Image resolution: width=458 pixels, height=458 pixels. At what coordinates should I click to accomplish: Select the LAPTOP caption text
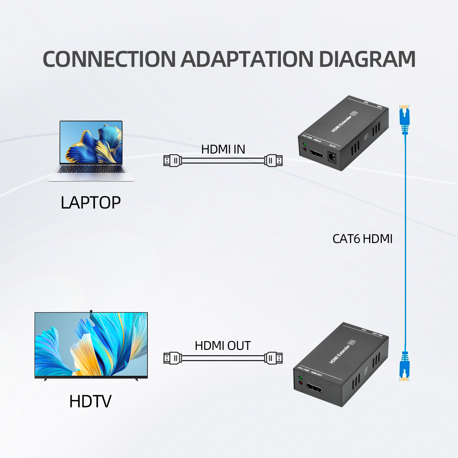click(91, 203)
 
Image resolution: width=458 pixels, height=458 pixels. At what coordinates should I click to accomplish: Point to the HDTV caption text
click(90, 401)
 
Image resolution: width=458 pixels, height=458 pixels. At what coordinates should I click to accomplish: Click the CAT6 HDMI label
click(362, 239)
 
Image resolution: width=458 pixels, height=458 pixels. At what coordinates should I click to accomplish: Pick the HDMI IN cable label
click(223, 149)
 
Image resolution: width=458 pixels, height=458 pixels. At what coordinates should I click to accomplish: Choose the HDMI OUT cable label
click(223, 346)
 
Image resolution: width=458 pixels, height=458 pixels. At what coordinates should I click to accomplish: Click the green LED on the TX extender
click(304, 144)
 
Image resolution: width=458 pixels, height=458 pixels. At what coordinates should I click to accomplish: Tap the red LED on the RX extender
click(300, 383)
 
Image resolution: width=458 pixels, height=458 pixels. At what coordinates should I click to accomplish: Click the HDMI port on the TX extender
click(317, 153)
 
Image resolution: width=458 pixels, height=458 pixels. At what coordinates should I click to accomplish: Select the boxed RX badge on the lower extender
click(352, 342)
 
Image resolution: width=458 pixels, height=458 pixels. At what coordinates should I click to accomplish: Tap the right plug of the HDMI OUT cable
click(274, 358)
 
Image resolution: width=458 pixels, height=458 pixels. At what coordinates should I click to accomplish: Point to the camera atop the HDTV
click(91, 311)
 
